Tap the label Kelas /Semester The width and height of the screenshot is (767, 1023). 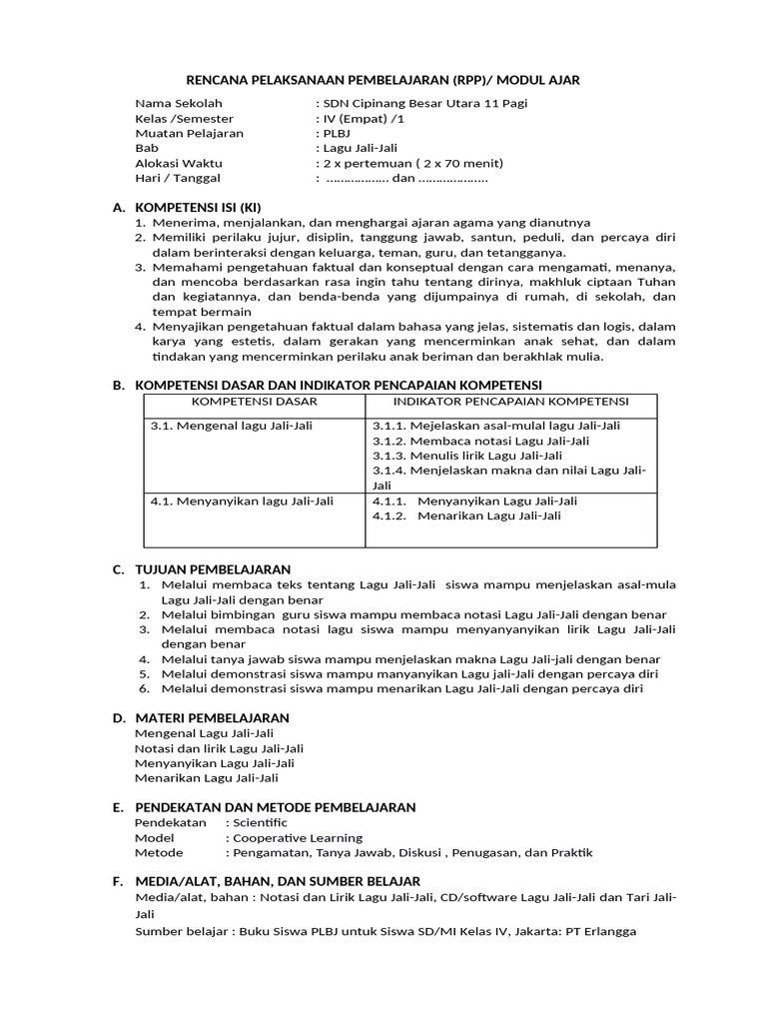[x=184, y=118]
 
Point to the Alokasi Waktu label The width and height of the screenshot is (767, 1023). [x=179, y=163]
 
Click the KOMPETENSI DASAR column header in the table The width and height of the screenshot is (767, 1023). [x=254, y=402]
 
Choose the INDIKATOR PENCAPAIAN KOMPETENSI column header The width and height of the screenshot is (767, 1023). [x=510, y=402]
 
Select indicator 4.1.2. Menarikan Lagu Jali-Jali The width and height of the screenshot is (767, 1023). [x=465, y=516]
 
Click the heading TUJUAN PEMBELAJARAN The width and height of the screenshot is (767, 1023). [x=213, y=569]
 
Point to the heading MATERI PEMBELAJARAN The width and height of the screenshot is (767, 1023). [x=212, y=717]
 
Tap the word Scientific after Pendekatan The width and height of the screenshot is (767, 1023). [x=258, y=822]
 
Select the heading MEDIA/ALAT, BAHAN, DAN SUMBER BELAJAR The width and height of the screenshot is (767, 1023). [x=278, y=881]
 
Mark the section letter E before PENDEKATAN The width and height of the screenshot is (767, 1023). [x=116, y=807]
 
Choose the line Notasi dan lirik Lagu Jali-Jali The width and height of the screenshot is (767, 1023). [x=219, y=747]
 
